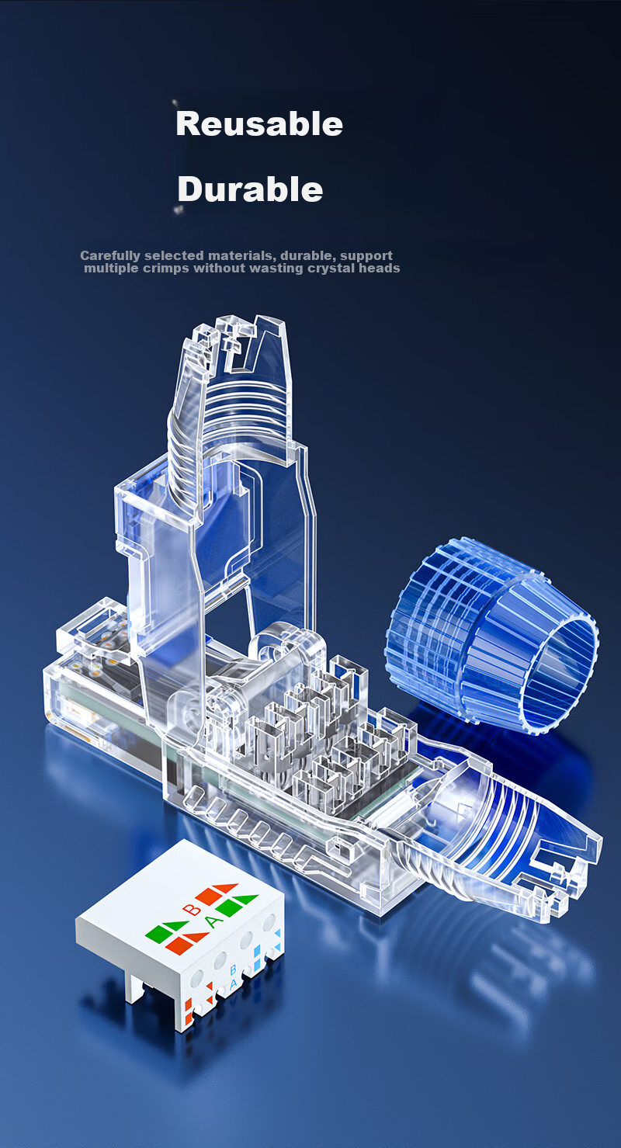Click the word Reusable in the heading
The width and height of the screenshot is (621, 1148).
click(x=258, y=124)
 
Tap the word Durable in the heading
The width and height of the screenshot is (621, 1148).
click(x=250, y=189)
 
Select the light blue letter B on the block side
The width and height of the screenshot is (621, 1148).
click(x=233, y=969)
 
